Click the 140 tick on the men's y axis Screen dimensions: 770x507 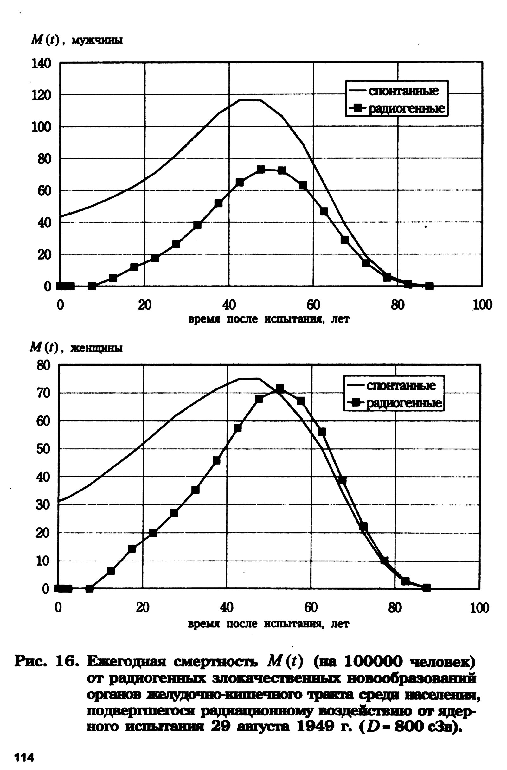pos(41,63)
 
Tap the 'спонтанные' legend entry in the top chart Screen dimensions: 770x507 pos(403,91)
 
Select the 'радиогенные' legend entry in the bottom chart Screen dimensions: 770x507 pos(403,403)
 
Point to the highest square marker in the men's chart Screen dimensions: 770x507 pos(261,169)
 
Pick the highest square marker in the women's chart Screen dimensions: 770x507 pos(280,388)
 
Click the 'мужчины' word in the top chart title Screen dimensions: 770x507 pos(97,41)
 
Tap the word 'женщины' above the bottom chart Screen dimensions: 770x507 pos(96,349)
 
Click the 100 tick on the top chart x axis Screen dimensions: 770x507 pos(482,305)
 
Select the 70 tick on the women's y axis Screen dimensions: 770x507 pos(43,393)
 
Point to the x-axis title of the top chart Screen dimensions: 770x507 pos(269,319)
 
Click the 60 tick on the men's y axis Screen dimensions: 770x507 pos(44,191)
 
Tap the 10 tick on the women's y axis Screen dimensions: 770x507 pos(43,561)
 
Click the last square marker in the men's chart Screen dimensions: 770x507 pos(429,286)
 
